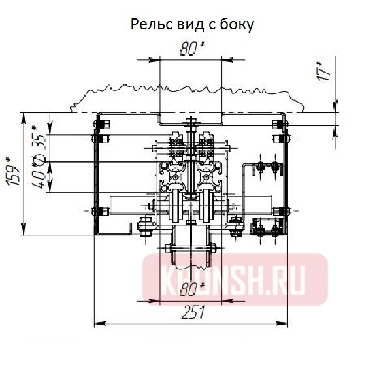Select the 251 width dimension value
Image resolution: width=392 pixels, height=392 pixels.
(193, 312)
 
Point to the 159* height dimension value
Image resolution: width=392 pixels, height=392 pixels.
(12, 171)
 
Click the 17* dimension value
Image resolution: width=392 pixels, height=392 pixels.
(323, 71)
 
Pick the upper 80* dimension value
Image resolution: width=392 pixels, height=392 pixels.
(192, 48)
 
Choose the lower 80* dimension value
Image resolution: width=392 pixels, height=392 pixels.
(192, 289)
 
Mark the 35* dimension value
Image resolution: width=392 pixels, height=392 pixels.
(40, 137)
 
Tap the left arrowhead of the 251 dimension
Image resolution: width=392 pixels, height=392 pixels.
(100, 323)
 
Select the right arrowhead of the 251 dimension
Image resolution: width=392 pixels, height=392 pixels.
(282, 323)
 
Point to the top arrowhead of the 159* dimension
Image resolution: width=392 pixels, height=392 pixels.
(24, 118)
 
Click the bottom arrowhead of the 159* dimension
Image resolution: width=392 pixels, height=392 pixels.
(24, 229)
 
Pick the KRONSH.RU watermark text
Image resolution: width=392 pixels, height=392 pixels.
(235, 279)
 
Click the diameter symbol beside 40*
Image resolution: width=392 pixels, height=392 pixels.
(40, 157)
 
